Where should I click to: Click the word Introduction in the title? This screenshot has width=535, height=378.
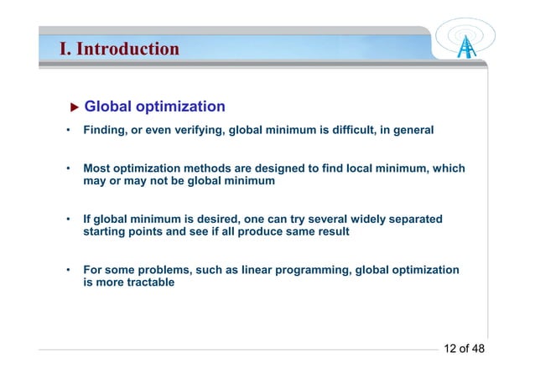pyautogui.click(x=127, y=49)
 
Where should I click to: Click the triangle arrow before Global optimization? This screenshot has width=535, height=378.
pyautogui.click(x=74, y=107)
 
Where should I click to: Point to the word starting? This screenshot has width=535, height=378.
pyautogui.click(x=107, y=232)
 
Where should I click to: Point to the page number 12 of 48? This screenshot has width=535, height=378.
pyautogui.click(x=464, y=349)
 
